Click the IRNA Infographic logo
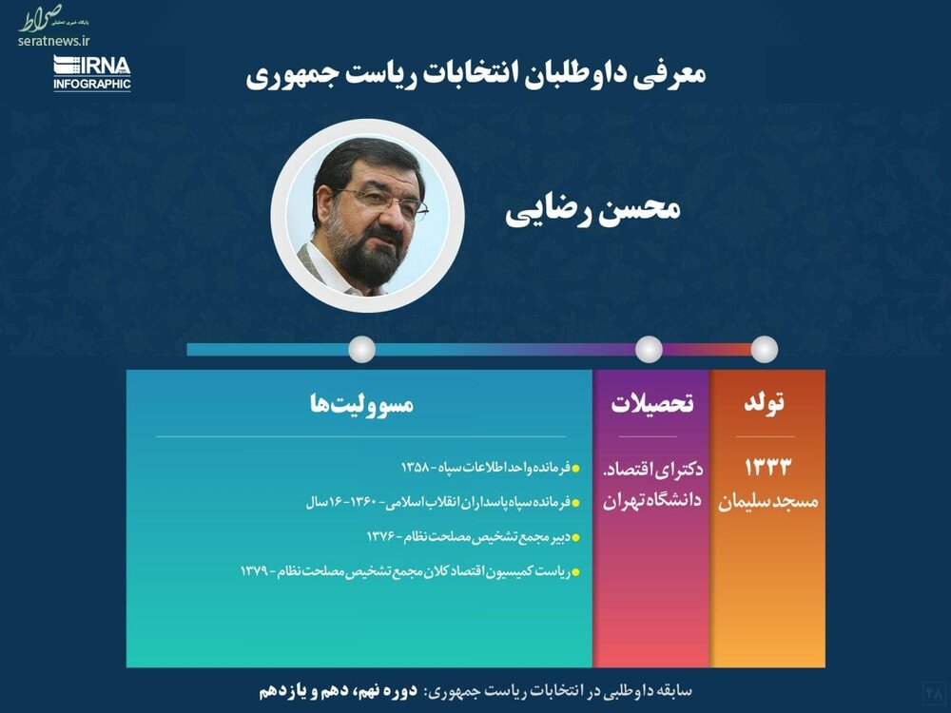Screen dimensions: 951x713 click(92, 73)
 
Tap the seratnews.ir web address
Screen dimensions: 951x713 click(53, 41)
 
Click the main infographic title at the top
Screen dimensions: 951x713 click(475, 74)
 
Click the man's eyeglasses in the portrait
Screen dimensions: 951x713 click(381, 202)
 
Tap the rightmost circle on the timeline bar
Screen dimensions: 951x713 click(765, 349)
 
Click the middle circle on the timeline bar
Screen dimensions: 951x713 click(649, 349)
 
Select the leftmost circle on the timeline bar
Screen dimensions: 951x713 click(361, 349)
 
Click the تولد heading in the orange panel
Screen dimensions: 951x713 click(765, 402)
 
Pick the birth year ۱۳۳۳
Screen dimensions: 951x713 click(767, 468)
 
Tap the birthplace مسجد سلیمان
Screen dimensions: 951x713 click(767, 501)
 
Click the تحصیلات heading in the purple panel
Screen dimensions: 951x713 click(652, 403)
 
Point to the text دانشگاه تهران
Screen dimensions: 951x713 click(652, 501)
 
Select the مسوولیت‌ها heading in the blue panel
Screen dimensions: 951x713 click(361, 403)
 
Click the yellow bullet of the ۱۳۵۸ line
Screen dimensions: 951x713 click(575, 469)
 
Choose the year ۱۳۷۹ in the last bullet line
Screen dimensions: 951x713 click(255, 571)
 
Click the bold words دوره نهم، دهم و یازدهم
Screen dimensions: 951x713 click(339, 691)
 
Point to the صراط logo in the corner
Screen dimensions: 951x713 click(41, 18)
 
